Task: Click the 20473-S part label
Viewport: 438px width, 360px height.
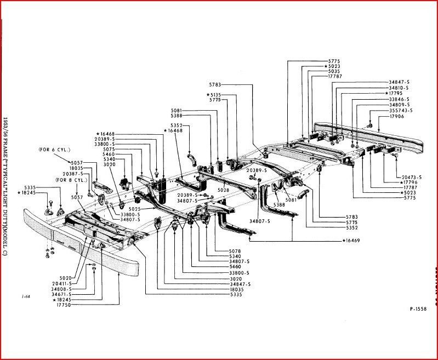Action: click(x=411, y=177)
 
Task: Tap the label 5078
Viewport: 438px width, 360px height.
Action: click(x=235, y=251)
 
